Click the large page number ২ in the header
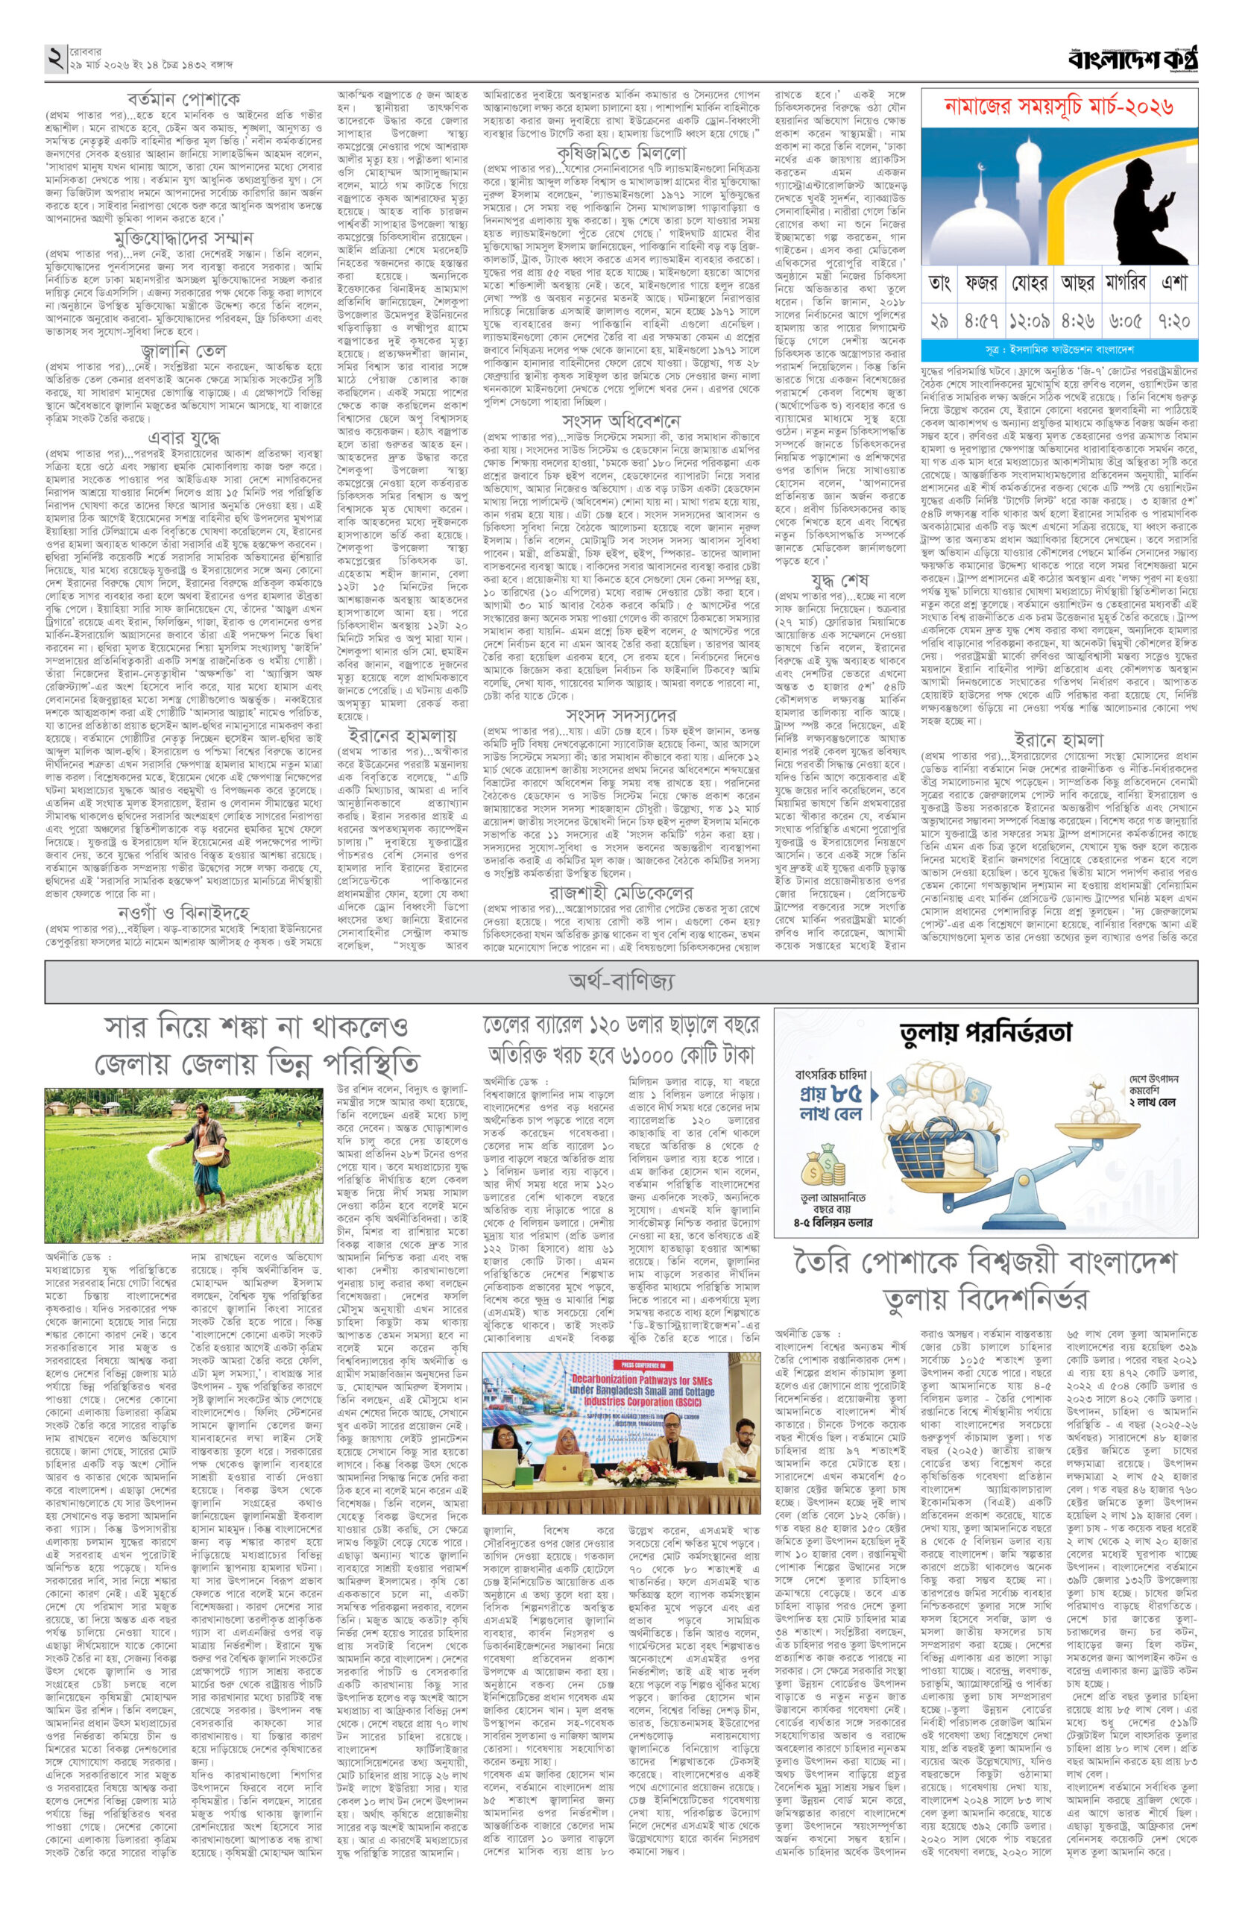(56, 59)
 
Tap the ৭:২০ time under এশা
(1173, 321)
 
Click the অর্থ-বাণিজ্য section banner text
(622, 980)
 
